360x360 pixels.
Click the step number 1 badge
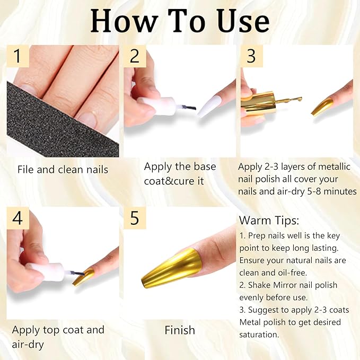[19, 56]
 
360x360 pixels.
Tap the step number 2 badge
[135, 56]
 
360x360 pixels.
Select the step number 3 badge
[251, 56]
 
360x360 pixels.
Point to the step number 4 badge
[19, 217]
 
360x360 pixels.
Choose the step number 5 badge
[135, 217]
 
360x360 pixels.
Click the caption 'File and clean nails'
[63, 170]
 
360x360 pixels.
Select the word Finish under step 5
[180, 330]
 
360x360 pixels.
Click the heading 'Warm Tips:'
[269, 219]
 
